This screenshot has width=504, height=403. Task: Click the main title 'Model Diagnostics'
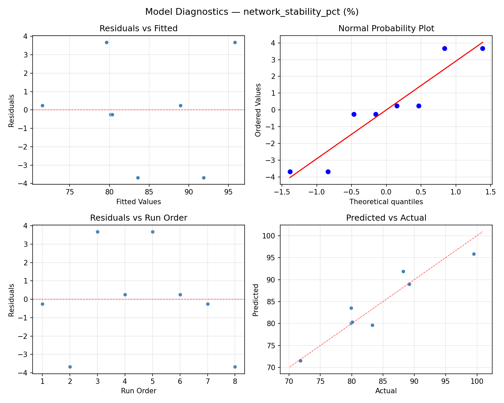pos(252,12)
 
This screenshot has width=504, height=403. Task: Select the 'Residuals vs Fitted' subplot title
pos(138,29)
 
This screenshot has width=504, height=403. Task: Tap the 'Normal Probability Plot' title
pos(386,29)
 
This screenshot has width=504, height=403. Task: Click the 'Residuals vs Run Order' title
pos(138,218)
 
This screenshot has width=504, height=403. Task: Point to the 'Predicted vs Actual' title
pos(386,218)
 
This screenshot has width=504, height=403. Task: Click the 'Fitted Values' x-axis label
pos(138,202)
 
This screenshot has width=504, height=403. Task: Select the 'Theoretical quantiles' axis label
pos(386,202)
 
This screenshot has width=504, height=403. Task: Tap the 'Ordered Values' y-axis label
pos(258,110)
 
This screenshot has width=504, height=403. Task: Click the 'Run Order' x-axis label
pos(138,391)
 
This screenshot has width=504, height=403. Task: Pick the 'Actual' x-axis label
pos(386,391)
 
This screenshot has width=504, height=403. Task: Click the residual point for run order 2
pos(70,367)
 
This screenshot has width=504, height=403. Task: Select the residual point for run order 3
pos(97,232)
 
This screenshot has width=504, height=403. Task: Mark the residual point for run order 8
pos(235,367)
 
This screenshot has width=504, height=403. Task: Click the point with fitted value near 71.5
pos(42,105)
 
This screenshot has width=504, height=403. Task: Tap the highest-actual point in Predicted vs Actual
pos(474,254)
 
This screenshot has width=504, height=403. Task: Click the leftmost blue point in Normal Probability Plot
pos(290,172)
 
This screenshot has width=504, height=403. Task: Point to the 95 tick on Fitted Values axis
pos(228,192)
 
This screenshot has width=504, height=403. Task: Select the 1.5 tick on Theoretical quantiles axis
pos(491,192)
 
